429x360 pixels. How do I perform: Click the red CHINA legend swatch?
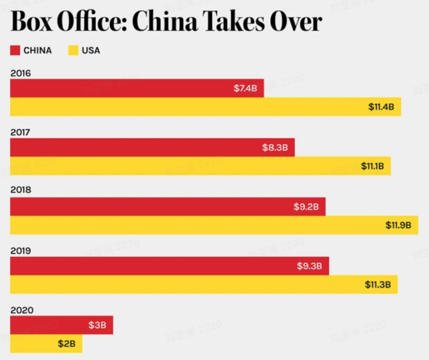[x=15, y=50]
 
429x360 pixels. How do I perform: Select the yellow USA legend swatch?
[x=73, y=50]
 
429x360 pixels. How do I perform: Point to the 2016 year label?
[x=21, y=72]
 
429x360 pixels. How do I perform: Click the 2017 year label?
[x=21, y=132]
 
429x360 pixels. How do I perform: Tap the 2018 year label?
[x=21, y=190]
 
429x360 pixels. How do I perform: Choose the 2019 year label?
[x=21, y=250]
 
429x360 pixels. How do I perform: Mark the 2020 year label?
[x=21, y=310]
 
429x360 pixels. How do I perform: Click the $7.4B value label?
[x=245, y=88]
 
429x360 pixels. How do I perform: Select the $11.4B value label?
[x=381, y=107]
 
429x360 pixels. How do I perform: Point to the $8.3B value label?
[x=275, y=147]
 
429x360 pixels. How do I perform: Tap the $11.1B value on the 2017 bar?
[x=372, y=166]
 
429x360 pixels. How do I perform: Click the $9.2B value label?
[x=306, y=207]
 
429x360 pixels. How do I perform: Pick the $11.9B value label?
[x=398, y=225]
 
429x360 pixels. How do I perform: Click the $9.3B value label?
[x=310, y=266]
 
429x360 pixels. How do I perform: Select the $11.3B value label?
[x=378, y=284]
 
